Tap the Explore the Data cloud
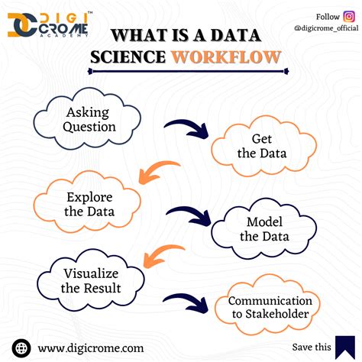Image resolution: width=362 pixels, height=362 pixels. coord(86,202)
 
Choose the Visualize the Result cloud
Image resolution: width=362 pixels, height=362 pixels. coord(91,282)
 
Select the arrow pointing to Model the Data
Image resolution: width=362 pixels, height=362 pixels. coord(189,214)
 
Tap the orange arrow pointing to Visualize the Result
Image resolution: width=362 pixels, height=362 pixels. coord(166,254)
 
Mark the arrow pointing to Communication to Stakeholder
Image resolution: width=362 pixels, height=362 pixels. coord(187,302)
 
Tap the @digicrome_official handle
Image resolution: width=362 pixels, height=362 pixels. coord(325,28)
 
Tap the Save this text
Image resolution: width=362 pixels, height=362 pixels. coord(312,347)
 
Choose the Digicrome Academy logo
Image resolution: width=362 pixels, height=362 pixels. coord(47,24)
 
